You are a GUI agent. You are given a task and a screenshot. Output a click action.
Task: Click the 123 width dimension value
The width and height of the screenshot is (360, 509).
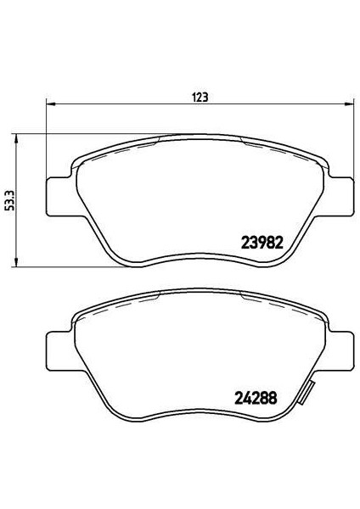[200, 97]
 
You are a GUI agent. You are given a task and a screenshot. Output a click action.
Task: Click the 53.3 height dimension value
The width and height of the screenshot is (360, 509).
[9, 201]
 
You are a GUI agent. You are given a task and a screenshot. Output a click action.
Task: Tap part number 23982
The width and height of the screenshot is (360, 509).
[262, 243]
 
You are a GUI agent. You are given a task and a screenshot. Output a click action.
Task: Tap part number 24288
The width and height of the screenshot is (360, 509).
[256, 397]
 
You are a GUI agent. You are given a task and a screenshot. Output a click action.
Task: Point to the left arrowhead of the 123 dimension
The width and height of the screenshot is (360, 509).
[51, 103]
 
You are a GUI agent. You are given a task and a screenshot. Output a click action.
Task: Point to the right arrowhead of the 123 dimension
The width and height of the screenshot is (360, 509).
[348, 103]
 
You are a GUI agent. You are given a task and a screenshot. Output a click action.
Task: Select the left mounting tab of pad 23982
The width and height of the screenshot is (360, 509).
[61, 197]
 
